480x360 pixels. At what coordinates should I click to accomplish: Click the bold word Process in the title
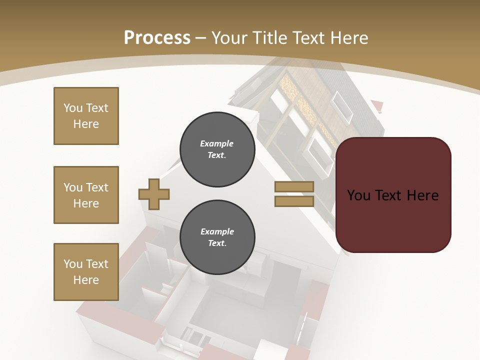click(x=157, y=37)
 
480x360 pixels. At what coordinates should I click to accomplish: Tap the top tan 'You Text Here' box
click(x=86, y=116)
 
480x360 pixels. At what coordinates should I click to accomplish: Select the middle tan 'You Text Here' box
click(x=86, y=195)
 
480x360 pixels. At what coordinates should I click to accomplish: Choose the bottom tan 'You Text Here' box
click(x=86, y=272)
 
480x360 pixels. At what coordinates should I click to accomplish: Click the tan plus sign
click(x=154, y=194)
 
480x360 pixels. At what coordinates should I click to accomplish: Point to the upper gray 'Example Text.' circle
click(x=217, y=149)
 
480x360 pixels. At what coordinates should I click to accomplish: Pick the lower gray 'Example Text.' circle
click(x=217, y=237)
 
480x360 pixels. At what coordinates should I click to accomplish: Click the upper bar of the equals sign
click(x=294, y=187)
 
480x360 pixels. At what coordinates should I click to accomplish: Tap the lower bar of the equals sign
click(x=294, y=201)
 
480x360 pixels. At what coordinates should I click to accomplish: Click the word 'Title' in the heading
click(x=268, y=38)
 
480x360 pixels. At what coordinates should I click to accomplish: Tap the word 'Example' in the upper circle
click(x=216, y=143)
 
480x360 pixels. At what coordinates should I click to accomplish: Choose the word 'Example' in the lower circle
click(x=217, y=231)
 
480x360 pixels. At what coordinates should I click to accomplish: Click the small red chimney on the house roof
click(x=377, y=105)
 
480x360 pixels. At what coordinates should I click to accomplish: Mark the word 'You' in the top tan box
click(x=72, y=108)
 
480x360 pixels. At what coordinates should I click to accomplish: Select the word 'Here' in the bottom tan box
click(x=86, y=280)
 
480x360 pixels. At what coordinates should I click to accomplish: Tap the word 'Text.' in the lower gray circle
click(x=217, y=243)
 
